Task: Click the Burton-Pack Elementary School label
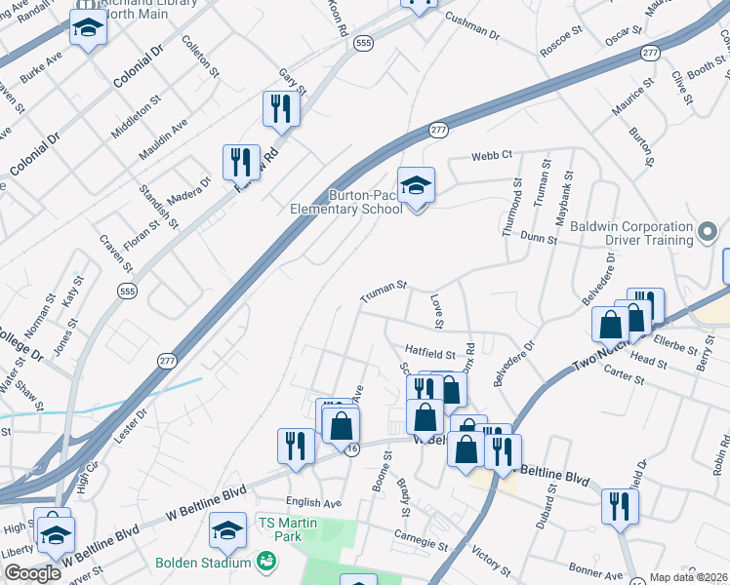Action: pos(346,201)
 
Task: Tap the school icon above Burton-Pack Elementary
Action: pos(416,184)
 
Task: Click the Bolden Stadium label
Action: pos(203,563)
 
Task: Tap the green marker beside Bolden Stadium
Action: pos(264,562)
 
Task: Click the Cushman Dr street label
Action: pos(472,25)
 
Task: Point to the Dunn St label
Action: pos(539,237)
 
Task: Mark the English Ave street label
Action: pos(313,503)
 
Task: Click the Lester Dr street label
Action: pos(128,426)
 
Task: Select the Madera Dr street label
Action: pos(192,189)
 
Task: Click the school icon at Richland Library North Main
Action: pos(88,30)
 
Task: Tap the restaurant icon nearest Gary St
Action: pos(280,109)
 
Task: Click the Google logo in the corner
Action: pos(32,573)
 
